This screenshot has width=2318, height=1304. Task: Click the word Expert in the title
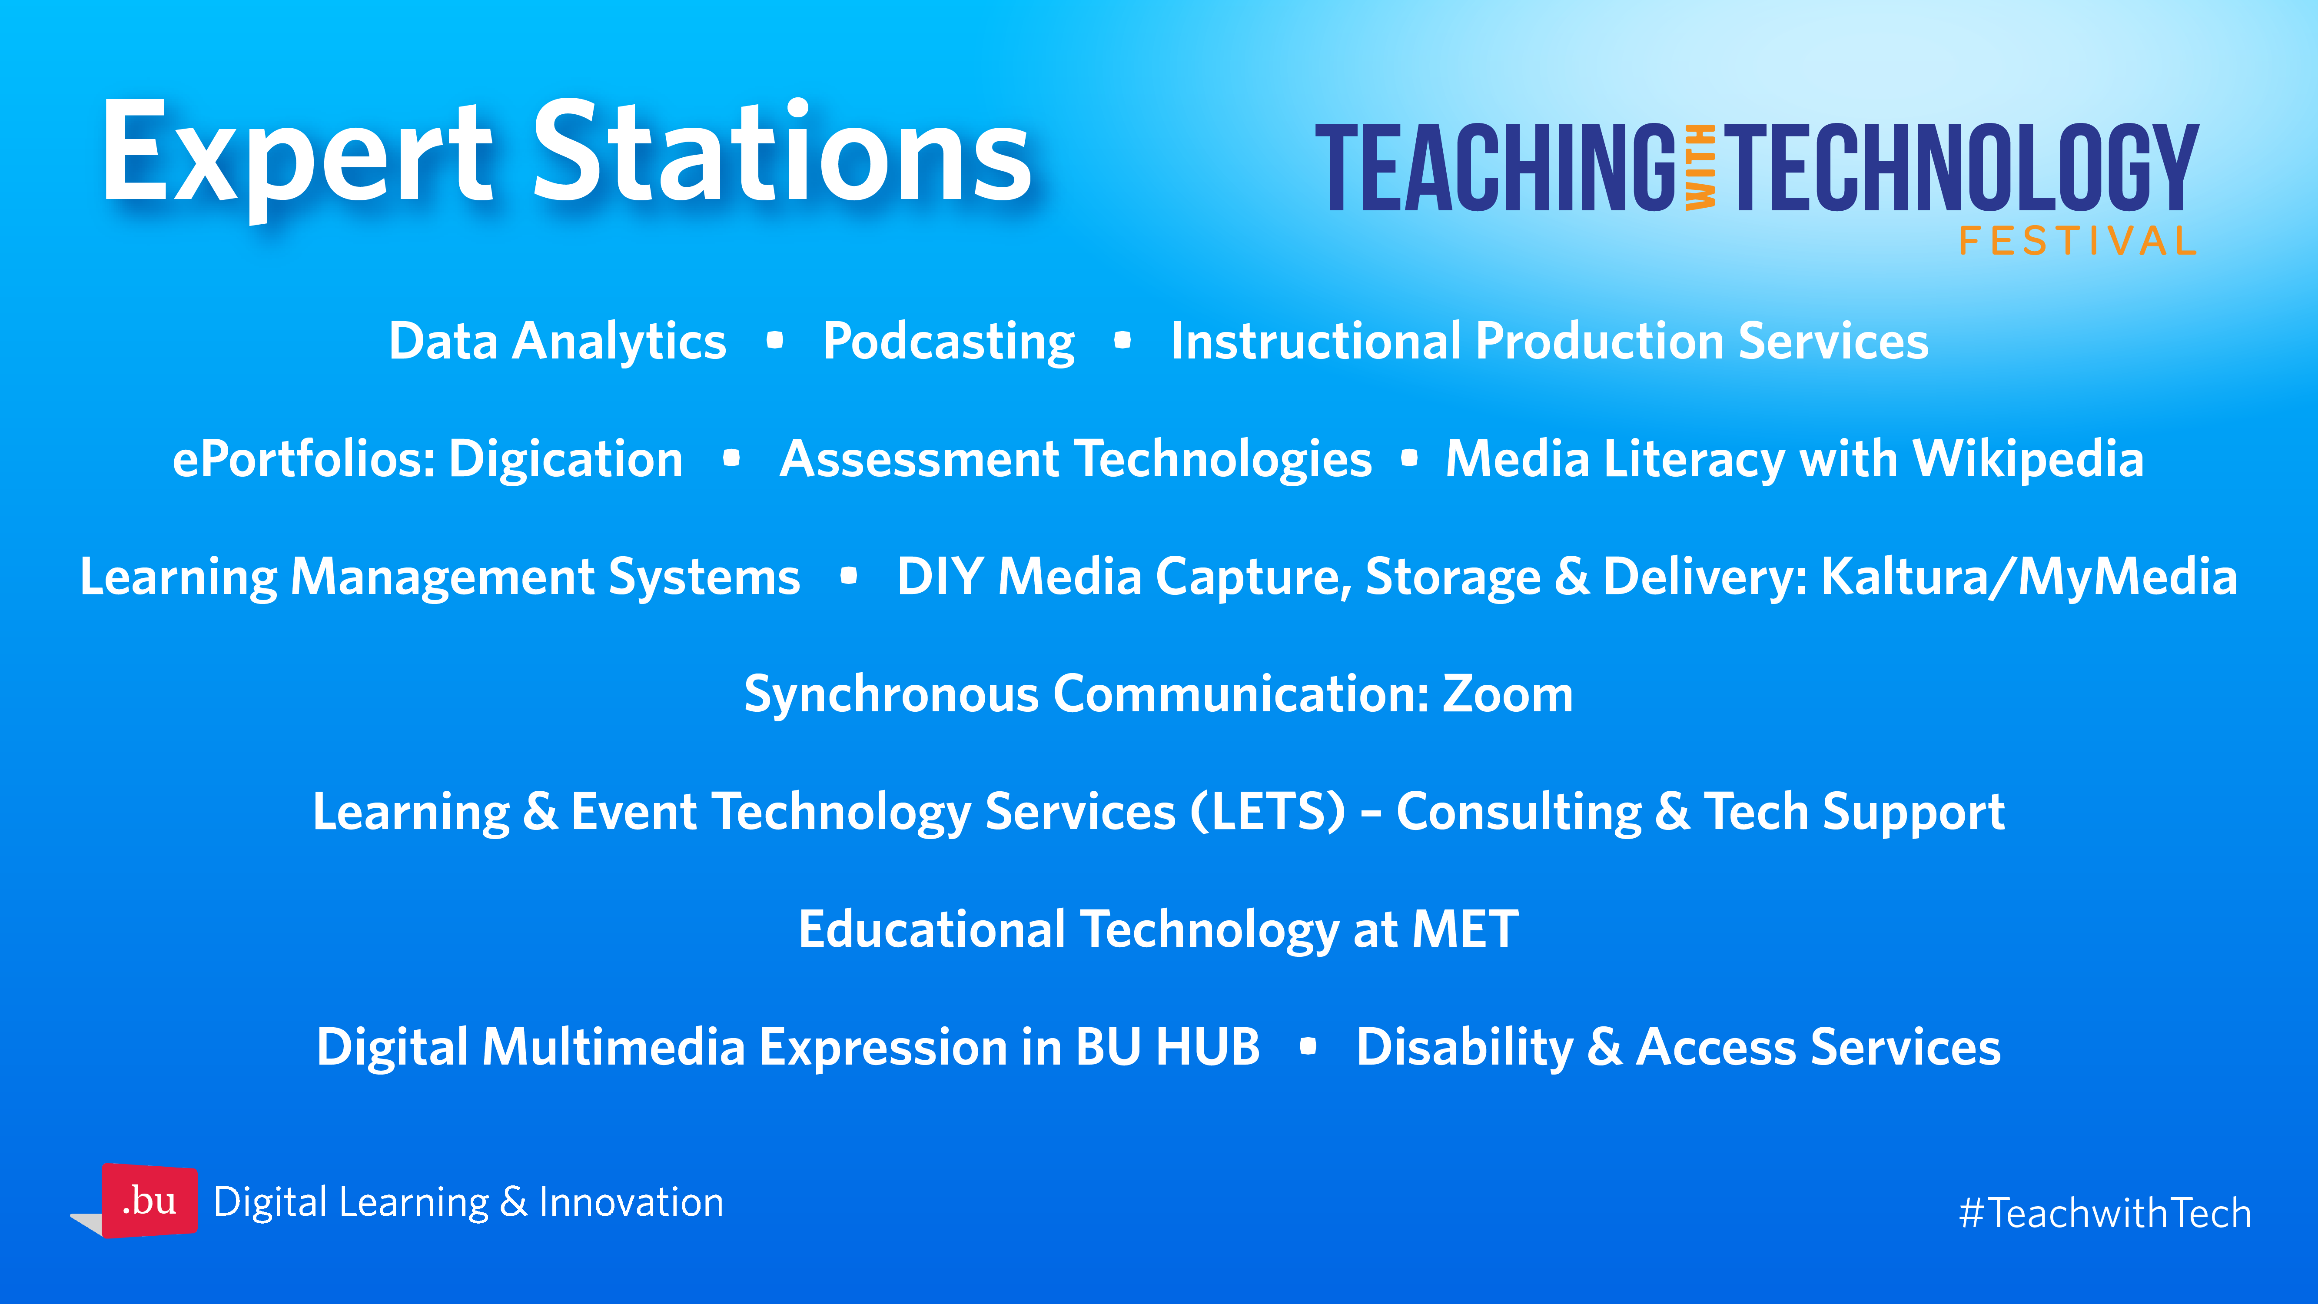297,155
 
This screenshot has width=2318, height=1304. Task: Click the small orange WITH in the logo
1701,167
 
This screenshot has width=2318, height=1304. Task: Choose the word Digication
566,460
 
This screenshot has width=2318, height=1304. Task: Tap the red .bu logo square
149,1201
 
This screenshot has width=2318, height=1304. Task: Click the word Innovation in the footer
631,1202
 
